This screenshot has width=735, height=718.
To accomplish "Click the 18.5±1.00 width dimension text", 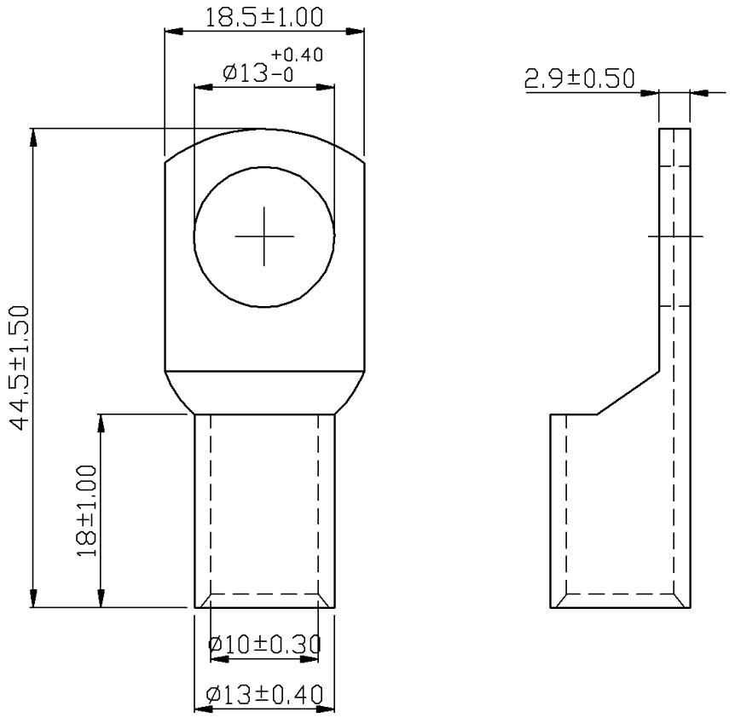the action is [x=264, y=17].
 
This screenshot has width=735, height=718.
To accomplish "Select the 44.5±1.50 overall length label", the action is [x=20, y=368].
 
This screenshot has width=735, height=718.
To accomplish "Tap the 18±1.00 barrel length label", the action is [x=86, y=511].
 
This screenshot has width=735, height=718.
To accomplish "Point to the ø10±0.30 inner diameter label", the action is [x=264, y=645].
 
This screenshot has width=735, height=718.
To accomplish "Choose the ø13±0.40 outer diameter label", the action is [x=264, y=695].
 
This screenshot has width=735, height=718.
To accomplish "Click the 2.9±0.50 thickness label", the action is [x=579, y=78].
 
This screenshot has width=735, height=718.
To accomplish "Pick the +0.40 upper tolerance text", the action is [x=298, y=55].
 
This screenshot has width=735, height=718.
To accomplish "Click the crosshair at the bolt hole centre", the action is [x=264, y=237].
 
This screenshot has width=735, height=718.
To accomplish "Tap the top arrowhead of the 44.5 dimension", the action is [x=33, y=138].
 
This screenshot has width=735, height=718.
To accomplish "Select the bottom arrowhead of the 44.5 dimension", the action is [x=33, y=598].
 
